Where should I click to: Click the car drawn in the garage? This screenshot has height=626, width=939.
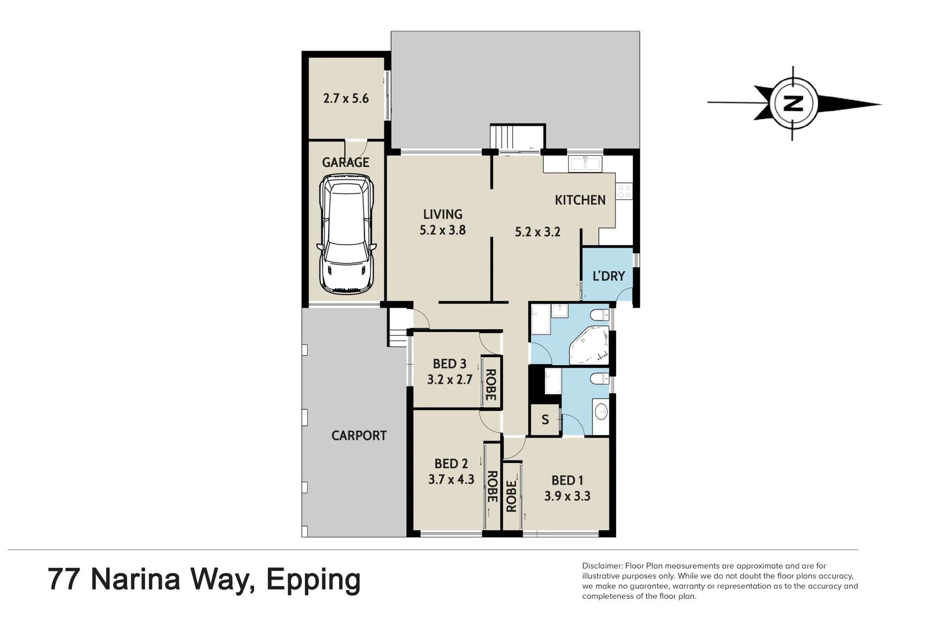coord(346,234)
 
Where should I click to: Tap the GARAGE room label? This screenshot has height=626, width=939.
coord(345,163)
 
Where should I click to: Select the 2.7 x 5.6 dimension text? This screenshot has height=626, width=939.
coord(346,99)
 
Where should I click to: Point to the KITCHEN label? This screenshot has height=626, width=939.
coord(580,200)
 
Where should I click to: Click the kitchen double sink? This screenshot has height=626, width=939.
coord(584,164)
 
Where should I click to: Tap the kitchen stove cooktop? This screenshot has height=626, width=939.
coord(624,191)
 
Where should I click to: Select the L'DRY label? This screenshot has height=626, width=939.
coord(608,276)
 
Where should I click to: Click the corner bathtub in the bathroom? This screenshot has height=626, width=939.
coord(590,346)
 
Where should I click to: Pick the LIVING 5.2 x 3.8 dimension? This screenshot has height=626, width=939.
coord(442,230)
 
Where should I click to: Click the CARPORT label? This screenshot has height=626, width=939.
coord(359,436)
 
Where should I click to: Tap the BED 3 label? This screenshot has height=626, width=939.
coord(449,364)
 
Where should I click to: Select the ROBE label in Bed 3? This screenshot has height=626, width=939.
coord(490,385)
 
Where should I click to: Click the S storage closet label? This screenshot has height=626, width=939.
coord(545,420)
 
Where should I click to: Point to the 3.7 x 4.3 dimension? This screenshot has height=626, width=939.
coord(451,480)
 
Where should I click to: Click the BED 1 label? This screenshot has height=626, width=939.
coord(567,481)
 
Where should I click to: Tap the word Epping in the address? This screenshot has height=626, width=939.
coord(313,580)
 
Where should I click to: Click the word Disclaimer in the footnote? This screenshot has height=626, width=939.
coord(602,566)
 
